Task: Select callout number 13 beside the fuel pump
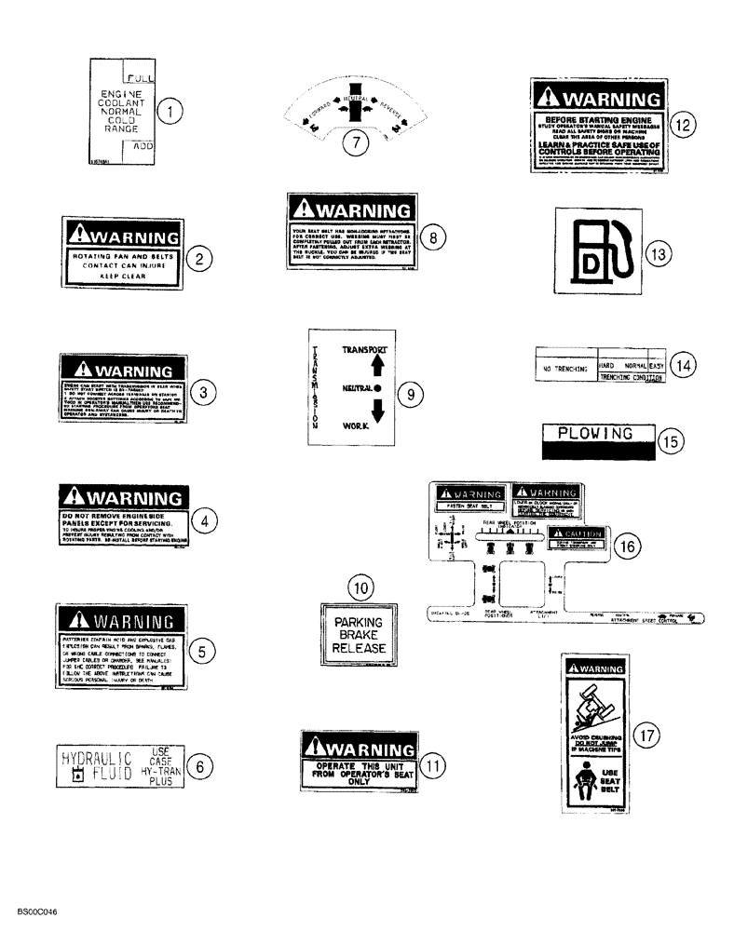pos(658,254)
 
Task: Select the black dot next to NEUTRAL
pos(377,385)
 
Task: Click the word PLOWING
pos(593,433)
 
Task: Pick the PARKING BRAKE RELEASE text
pos(358,633)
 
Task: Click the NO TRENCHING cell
pos(562,368)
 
